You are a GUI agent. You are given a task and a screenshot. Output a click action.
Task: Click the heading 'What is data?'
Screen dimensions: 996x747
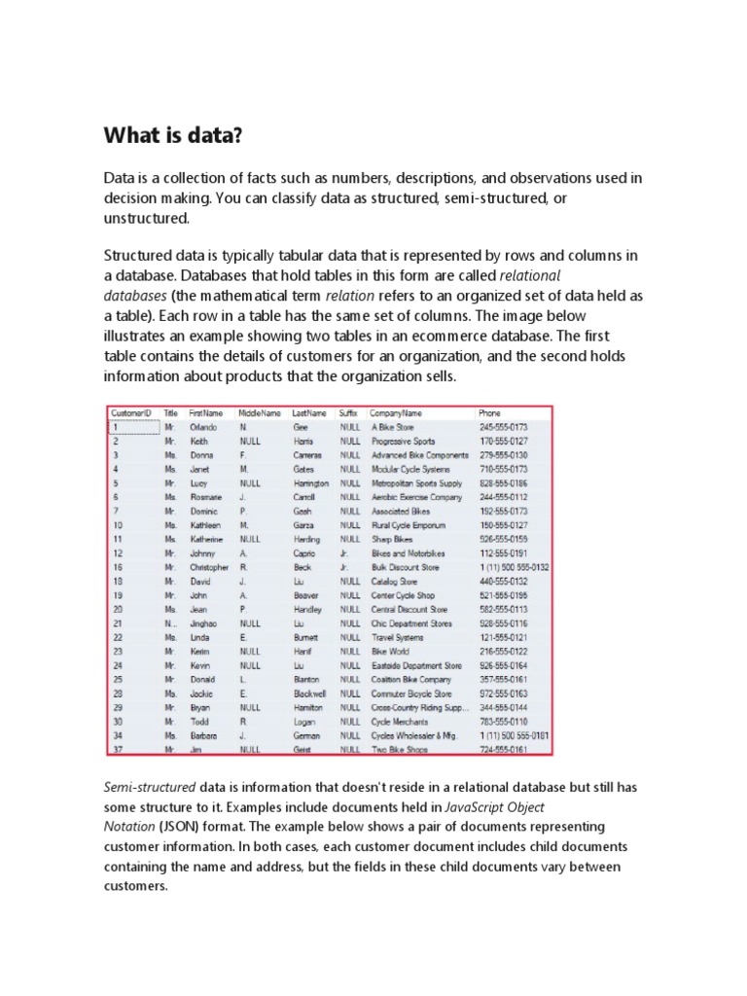tap(173, 134)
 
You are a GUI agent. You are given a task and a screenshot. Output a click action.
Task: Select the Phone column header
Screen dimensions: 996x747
tap(489, 412)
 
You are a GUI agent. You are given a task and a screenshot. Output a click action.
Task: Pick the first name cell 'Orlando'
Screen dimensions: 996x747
tap(203, 426)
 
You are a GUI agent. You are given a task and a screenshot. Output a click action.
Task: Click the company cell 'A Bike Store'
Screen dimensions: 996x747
tap(393, 426)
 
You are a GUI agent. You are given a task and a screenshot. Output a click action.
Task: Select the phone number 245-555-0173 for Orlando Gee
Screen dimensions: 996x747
tap(503, 426)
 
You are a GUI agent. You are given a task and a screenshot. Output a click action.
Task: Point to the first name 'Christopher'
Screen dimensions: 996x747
tap(209, 567)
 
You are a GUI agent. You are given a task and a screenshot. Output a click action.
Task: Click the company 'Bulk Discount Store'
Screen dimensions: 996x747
tap(405, 567)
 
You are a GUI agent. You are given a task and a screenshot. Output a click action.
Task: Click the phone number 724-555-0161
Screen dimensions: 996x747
tap(503, 751)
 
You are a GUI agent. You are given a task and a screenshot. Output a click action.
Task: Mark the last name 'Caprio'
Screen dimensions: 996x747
tap(304, 553)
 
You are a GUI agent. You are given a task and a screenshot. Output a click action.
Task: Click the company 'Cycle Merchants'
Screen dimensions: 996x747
tap(400, 723)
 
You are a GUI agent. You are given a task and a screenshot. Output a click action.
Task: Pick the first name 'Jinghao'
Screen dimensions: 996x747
tap(203, 623)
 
